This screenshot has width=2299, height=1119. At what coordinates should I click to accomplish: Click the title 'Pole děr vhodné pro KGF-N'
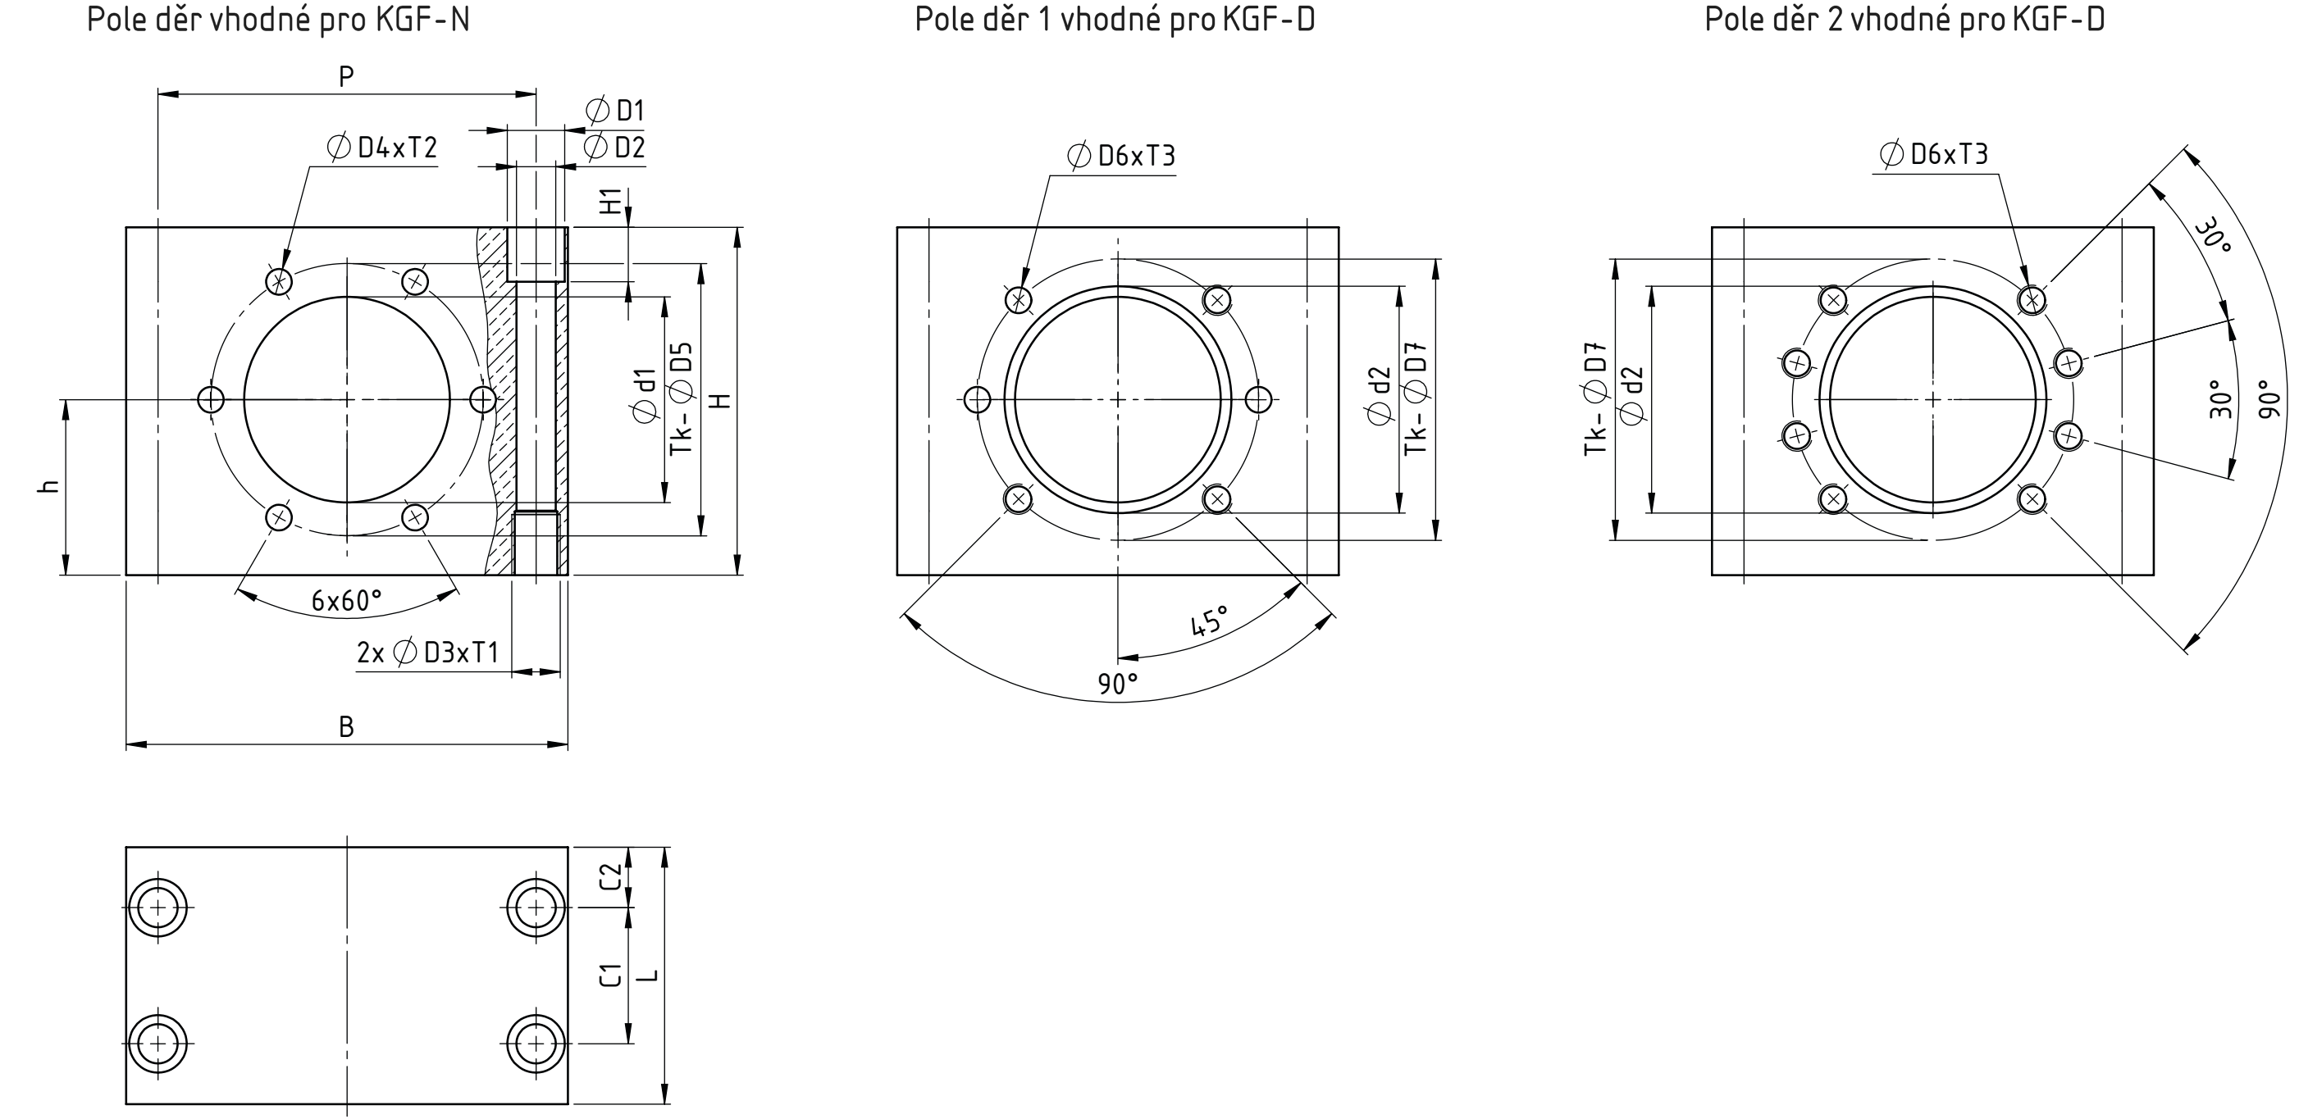(x=277, y=19)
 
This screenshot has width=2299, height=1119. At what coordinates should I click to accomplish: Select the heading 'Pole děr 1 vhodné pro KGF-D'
(x=1115, y=19)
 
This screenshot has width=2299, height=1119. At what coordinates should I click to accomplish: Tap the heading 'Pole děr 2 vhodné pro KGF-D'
(x=1904, y=19)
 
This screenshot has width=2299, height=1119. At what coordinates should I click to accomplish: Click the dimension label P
(x=346, y=78)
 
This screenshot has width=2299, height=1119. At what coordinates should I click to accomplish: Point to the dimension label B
(x=346, y=727)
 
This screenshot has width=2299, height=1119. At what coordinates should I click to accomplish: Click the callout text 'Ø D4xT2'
(x=383, y=148)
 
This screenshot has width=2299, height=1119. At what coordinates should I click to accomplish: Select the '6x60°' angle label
(x=346, y=601)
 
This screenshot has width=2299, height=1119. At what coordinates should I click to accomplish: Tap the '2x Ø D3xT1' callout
(x=427, y=653)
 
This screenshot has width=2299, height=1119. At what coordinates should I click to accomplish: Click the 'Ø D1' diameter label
(x=615, y=111)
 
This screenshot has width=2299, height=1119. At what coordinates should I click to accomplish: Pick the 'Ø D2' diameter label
(x=614, y=148)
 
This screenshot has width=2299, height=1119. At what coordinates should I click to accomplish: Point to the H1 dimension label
(x=610, y=202)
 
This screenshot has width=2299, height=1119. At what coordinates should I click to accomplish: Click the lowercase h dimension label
(x=51, y=486)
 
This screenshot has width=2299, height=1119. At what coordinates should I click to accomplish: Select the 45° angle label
(x=1210, y=621)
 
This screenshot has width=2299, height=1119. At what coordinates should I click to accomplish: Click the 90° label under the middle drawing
(x=1118, y=685)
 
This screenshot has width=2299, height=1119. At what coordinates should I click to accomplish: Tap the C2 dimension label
(x=610, y=876)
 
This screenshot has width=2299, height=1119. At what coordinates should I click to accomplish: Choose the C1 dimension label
(x=610, y=975)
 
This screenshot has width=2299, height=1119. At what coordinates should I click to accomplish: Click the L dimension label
(x=650, y=975)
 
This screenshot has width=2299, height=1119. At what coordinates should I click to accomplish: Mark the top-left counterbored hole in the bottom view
(x=158, y=907)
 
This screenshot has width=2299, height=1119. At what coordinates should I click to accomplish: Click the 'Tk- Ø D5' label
(x=682, y=397)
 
